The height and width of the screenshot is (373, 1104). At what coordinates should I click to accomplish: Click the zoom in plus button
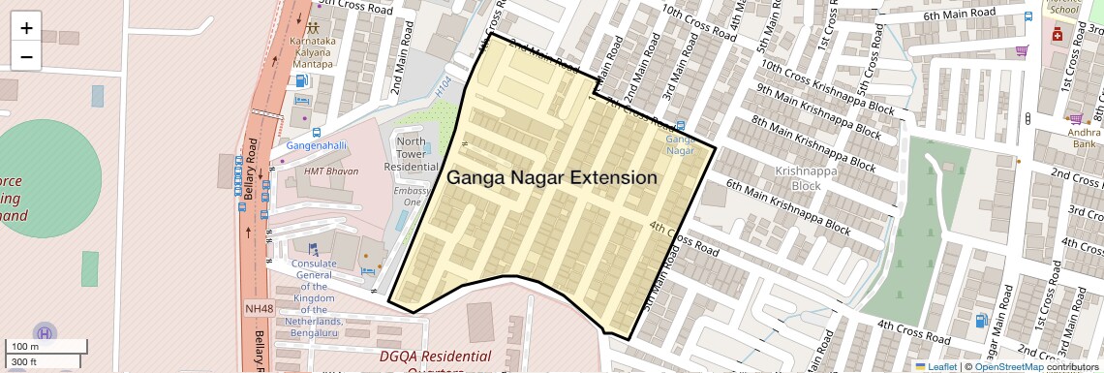point(26,28)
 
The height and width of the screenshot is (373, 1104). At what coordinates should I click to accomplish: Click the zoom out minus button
point(26,56)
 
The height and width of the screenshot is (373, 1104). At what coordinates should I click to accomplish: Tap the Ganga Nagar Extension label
point(551,178)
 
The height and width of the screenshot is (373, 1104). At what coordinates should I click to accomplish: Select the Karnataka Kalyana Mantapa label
point(312,53)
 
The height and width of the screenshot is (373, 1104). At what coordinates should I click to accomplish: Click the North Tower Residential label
point(411,154)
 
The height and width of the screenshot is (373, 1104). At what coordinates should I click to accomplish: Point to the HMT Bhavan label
point(331,171)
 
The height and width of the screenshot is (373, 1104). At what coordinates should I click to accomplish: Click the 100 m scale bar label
point(24,346)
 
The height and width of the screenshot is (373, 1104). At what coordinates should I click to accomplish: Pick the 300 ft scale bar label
point(24,361)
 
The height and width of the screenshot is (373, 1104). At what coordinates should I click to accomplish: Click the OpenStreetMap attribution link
point(1009,366)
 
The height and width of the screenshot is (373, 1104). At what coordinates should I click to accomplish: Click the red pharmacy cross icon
point(1057,35)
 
